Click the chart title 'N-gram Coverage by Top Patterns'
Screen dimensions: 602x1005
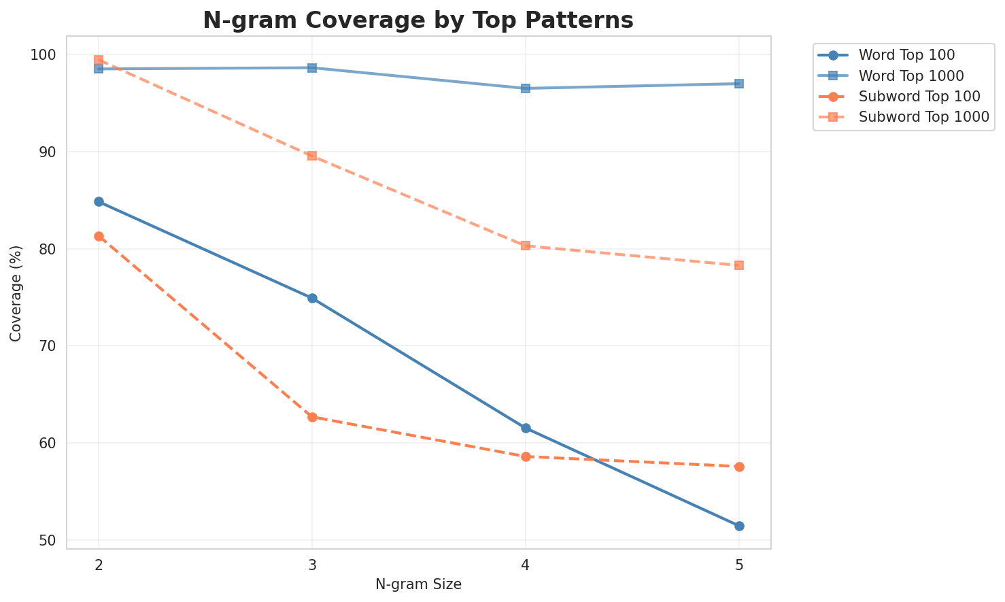[418, 20]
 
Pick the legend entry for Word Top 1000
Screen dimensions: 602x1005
[912, 75]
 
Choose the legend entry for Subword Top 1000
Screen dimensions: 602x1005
[923, 116]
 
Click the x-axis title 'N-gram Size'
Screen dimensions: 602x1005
[418, 584]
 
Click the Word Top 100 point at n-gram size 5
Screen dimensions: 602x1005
[739, 526]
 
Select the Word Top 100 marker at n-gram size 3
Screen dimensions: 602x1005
[312, 299]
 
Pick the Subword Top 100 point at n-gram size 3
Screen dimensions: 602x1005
[312, 417]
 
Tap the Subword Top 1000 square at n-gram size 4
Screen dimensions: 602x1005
[526, 246]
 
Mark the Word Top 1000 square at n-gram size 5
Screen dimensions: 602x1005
[739, 84]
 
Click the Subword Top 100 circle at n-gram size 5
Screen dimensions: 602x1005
[739, 467]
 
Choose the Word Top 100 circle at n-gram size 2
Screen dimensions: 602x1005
[99, 202]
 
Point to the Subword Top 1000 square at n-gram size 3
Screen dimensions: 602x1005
[312, 156]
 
